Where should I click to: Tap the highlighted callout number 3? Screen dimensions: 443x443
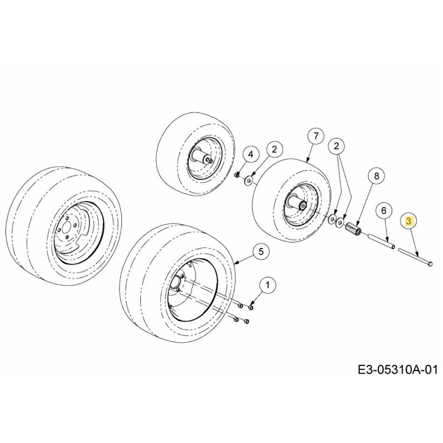[409, 221]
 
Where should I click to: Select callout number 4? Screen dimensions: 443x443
[250, 154]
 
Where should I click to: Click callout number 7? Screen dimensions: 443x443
[315, 136]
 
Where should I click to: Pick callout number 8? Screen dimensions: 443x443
[375, 177]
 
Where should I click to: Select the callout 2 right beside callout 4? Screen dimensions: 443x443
[274, 148]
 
